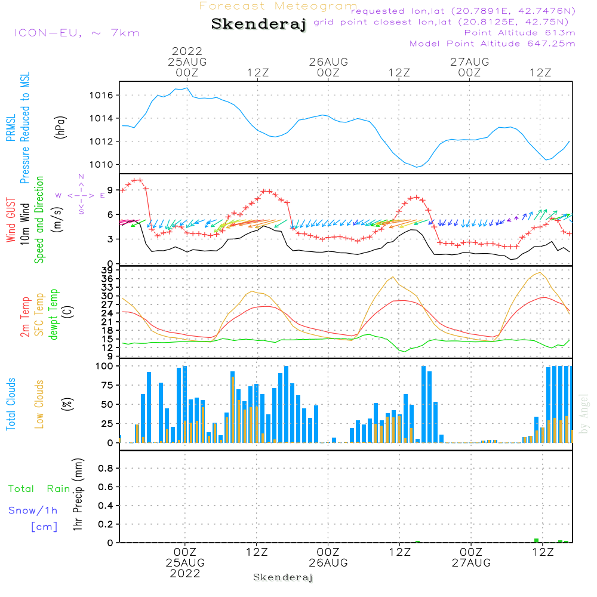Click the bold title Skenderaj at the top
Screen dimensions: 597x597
coord(259,24)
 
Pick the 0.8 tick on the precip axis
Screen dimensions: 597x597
coord(106,469)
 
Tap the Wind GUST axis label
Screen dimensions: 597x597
coord(11,220)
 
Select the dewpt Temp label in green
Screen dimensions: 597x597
coord(54,315)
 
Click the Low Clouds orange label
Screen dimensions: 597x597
coord(40,404)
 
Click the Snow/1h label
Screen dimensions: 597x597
coord(33,510)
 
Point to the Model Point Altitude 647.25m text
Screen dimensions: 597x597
coord(493,44)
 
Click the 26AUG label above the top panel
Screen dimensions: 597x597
coord(328,61)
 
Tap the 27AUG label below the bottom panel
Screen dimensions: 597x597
coord(470,563)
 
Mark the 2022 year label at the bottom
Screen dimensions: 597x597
coord(185,574)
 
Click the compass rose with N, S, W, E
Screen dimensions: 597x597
coord(81,195)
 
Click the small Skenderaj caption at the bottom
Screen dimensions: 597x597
coord(283,577)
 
